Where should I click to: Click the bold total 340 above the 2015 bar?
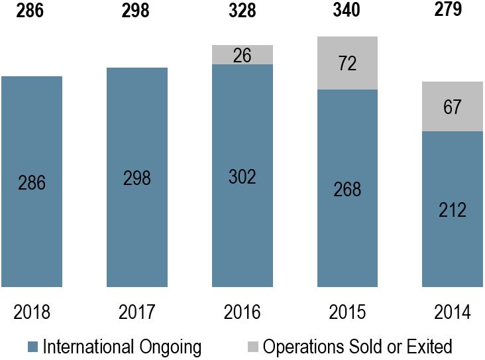(x=347, y=11)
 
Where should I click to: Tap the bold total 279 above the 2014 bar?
(x=453, y=10)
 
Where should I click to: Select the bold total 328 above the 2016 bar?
(x=242, y=11)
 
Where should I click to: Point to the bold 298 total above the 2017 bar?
(x=136, y=11)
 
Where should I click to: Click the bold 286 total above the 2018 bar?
(x=31, y=11)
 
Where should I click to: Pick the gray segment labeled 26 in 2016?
(x=242, y=55)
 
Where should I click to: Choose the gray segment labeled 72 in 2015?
(x=347, y=64)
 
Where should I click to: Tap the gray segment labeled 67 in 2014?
(x=453, y=107)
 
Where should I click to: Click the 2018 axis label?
(x=31, y=312)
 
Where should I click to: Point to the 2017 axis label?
(x=136, y=312)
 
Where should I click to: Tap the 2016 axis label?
(x=242, y=312)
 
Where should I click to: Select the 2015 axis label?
(x=347, y=312)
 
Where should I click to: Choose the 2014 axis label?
(x=453, y=312)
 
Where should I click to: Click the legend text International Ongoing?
(x=122, y=346)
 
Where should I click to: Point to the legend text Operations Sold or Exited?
(x=357, y=346)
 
